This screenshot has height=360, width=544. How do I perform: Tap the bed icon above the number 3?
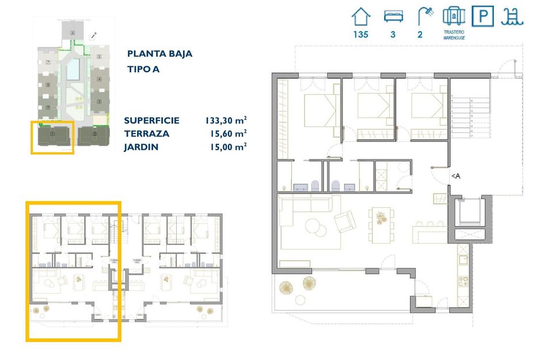393,16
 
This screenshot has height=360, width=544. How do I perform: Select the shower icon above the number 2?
425,15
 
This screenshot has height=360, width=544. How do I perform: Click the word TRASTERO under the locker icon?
454,33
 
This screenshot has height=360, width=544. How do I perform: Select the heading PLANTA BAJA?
159,54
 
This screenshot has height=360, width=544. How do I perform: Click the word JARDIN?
140,147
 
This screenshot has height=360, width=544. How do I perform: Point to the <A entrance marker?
455,176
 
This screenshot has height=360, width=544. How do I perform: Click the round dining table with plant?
380,218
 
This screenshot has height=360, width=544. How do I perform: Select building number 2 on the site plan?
94,135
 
